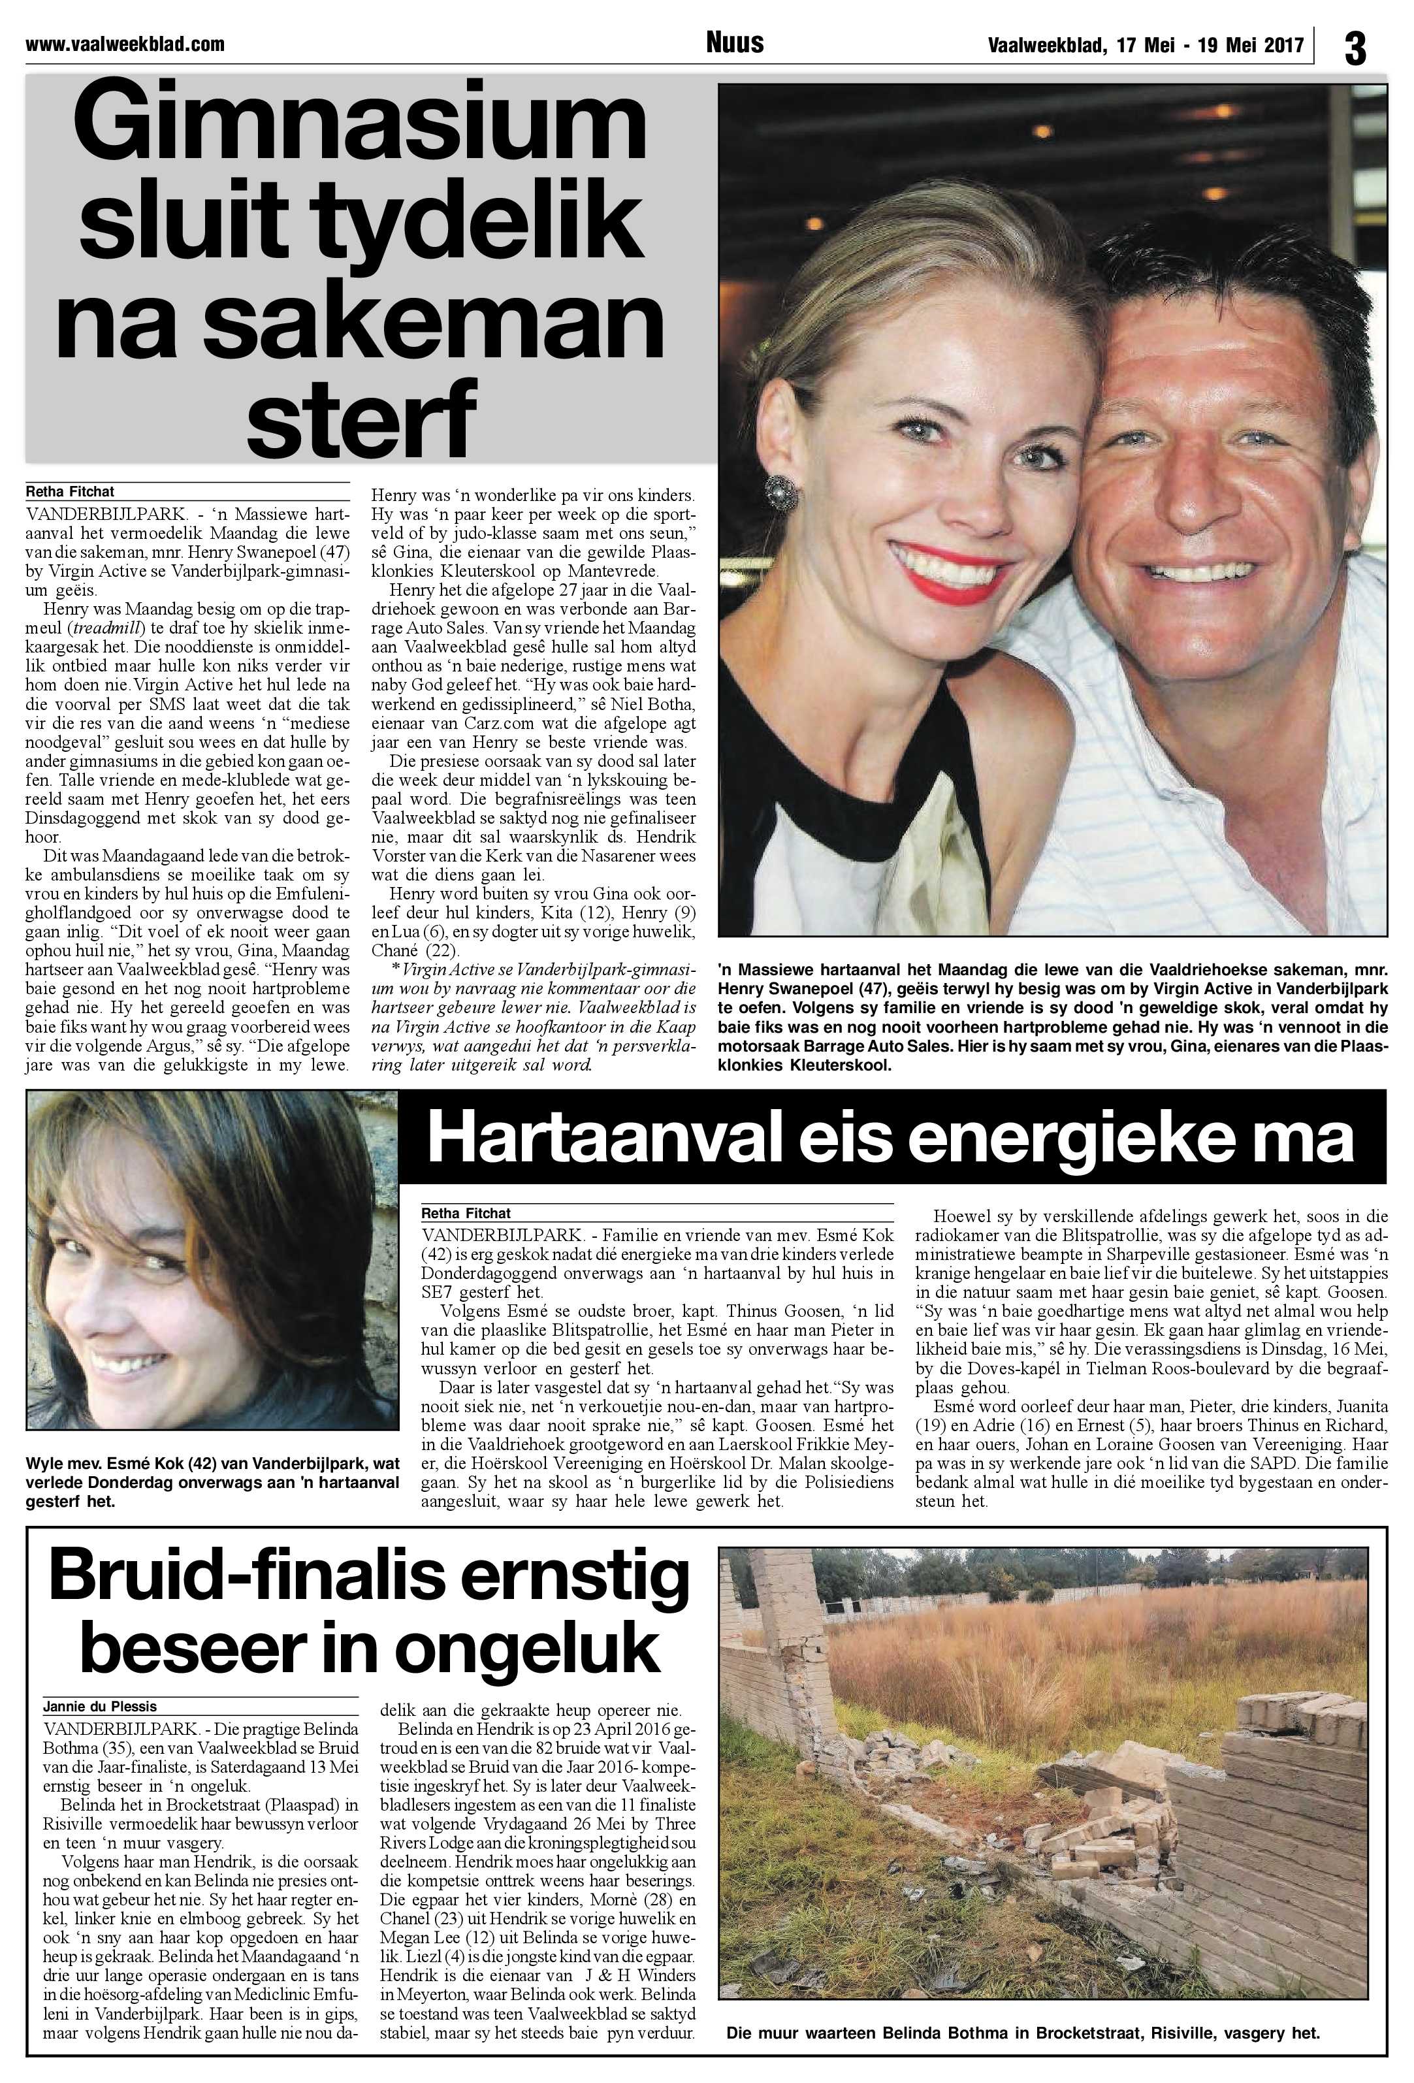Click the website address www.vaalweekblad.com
coord(125,44)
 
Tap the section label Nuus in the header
coord(734,42)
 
